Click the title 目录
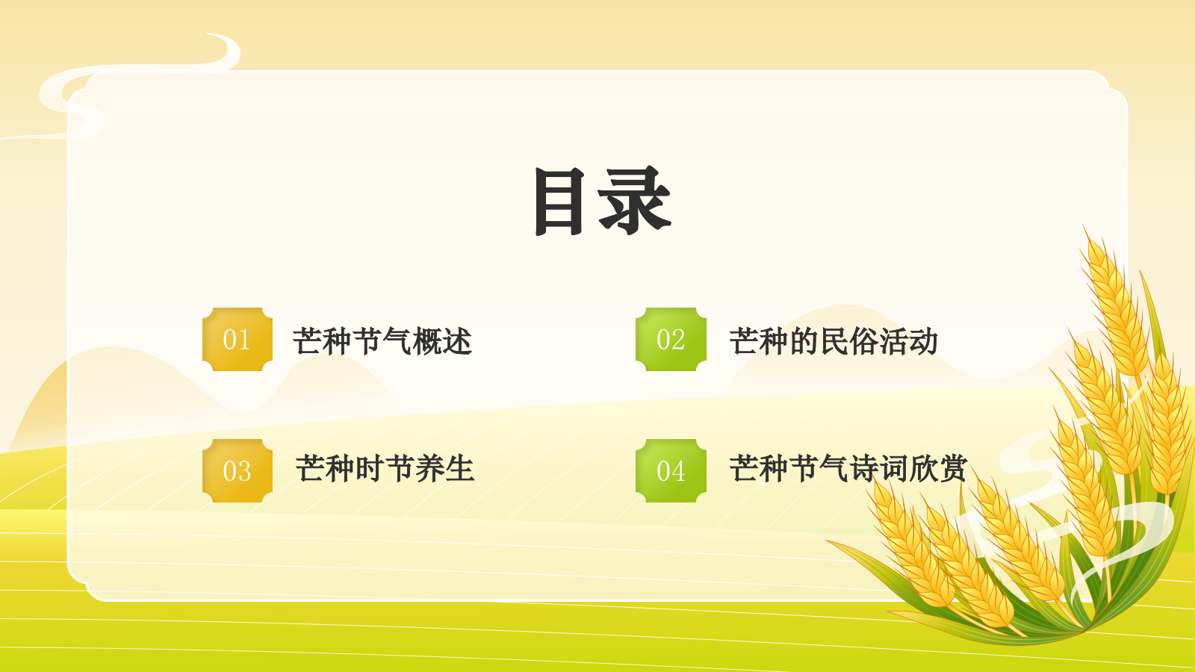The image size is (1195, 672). point(602,201)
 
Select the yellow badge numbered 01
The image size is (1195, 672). point(237,340)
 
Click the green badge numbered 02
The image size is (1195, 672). point(671,340)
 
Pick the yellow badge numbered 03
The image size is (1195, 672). point(237,470)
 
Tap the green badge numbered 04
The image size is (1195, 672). point(671,470)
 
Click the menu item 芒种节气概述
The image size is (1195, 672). point(382,341)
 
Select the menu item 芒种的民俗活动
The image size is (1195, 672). point(833,341)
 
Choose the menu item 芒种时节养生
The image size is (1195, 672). point(385,469)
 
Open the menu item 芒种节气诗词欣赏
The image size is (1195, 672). point(848,469)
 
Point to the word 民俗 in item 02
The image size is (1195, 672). point(848,341)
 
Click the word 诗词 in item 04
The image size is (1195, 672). point(878,469)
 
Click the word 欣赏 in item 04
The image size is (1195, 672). point(937,469)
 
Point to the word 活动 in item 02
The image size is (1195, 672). point(908,341)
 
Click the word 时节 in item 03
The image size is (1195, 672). point(385,469)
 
